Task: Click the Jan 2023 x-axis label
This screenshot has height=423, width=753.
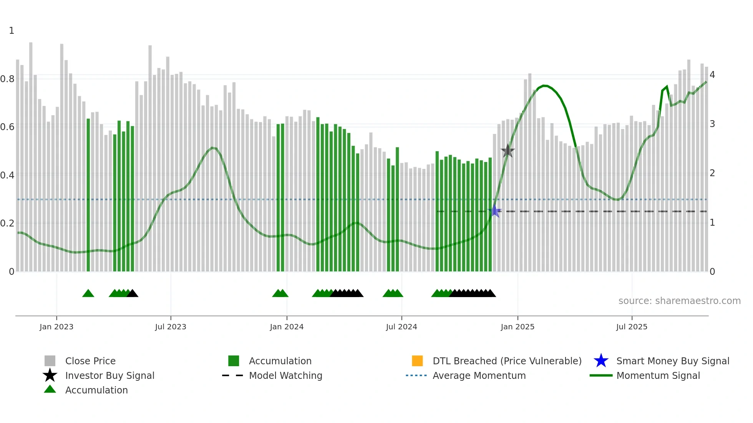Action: pyautogui.click(x=56, y=327)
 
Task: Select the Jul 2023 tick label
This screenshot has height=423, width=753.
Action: pyautogui.click(x=171, y=327)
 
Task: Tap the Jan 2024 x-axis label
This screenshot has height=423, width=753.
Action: pyautogui.click(x=287, y=327)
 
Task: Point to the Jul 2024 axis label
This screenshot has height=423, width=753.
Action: pyautogui.click(x=401, y=327)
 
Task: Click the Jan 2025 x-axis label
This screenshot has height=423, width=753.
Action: pyautogui.click(x=517, y=327)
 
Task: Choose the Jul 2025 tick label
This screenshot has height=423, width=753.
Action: pyautogui.click(x=632, y=327)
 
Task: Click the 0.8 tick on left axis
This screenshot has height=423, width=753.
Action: pyautogui.click(x=8, y=79)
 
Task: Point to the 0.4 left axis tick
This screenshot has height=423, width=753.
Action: pyautogui.click(x=8, y=175)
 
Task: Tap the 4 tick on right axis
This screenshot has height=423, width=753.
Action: pyautogui.click(x=712, y=75)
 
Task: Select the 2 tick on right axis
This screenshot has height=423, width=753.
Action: pyautogui.click(x=712, y=173)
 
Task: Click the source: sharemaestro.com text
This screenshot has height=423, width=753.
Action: pyautogui.click(x=679, y=301)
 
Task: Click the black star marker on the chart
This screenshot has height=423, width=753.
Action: pyautogui.click(x=508, y=151)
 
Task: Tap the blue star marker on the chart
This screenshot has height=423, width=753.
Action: pyautogui.click(x=495, y=211)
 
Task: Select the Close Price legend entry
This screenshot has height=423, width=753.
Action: pyautogui.click(x=90, y=361)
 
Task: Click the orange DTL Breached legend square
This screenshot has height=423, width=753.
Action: pyautogui.click(x=417, y=361)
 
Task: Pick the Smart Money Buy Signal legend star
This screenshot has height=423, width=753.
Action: pyautogui.click(x=601, y=361)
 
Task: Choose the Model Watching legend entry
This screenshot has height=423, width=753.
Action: pyautogui.click(x=285, y=375)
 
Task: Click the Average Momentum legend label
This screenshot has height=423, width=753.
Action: pyautogui.click(x=479, y=375)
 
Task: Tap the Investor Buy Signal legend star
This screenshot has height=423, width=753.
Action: pyautogui.click(x=50, y=375)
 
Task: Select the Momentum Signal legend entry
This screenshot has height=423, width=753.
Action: pyautogui.click(x=658, y=375)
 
